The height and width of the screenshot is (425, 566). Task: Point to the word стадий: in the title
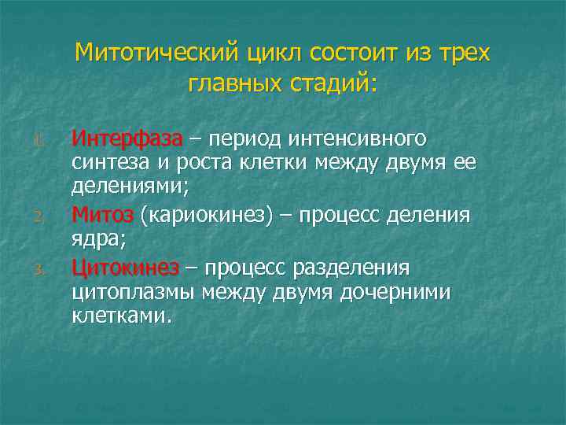[x=333, y=83]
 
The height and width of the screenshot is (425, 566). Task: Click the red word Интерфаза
[x=127, y=139]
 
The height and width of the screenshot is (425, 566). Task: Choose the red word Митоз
[x=102, y=215]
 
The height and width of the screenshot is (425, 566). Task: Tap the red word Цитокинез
[x=124, y=268]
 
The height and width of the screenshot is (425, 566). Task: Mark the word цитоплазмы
[x=133, y=294]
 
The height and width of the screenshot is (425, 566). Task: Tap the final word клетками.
[x=120, y=318]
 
